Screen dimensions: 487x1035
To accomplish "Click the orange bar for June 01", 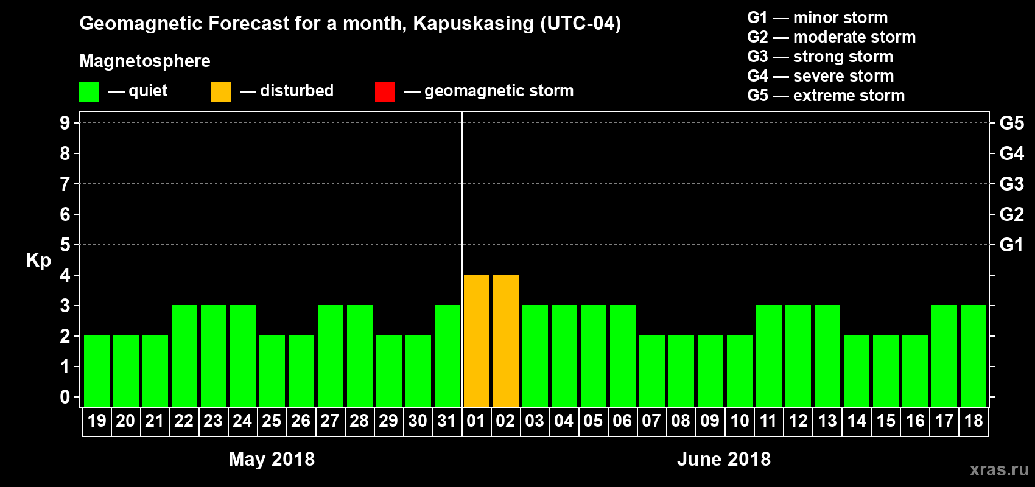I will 476,340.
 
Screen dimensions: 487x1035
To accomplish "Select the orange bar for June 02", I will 505,340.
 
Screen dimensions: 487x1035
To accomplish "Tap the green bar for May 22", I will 184,356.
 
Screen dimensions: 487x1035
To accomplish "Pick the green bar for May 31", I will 447,356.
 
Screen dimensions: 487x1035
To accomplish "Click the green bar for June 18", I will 973,356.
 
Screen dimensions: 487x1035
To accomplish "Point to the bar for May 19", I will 96,371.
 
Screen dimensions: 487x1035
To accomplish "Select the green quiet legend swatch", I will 89,92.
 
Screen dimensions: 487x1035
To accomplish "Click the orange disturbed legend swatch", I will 220,92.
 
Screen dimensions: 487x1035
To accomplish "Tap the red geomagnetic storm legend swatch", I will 385,92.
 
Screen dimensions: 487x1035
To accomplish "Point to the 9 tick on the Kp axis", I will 65,123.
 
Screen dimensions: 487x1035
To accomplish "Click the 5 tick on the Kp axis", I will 65,245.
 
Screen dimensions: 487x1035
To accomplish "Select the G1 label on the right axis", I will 1011,245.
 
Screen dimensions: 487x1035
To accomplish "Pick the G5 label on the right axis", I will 1011,123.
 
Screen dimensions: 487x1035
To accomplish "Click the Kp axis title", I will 38,260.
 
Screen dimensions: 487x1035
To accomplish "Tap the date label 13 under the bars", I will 827,421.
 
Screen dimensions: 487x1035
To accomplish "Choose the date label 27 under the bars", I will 330,421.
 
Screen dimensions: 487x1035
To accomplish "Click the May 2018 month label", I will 272,459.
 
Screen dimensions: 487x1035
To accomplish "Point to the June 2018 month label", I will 723,459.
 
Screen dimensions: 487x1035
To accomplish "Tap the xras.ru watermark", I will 998,469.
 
